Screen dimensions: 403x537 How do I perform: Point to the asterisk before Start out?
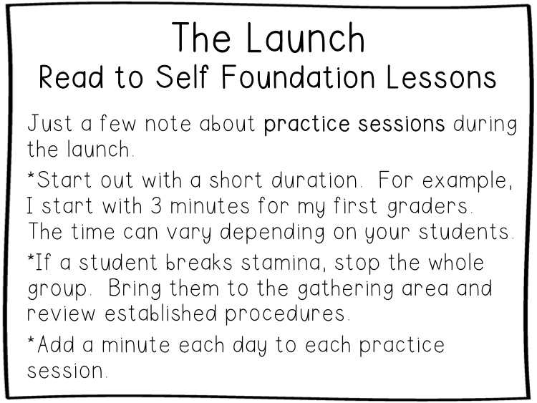pos(31,174)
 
